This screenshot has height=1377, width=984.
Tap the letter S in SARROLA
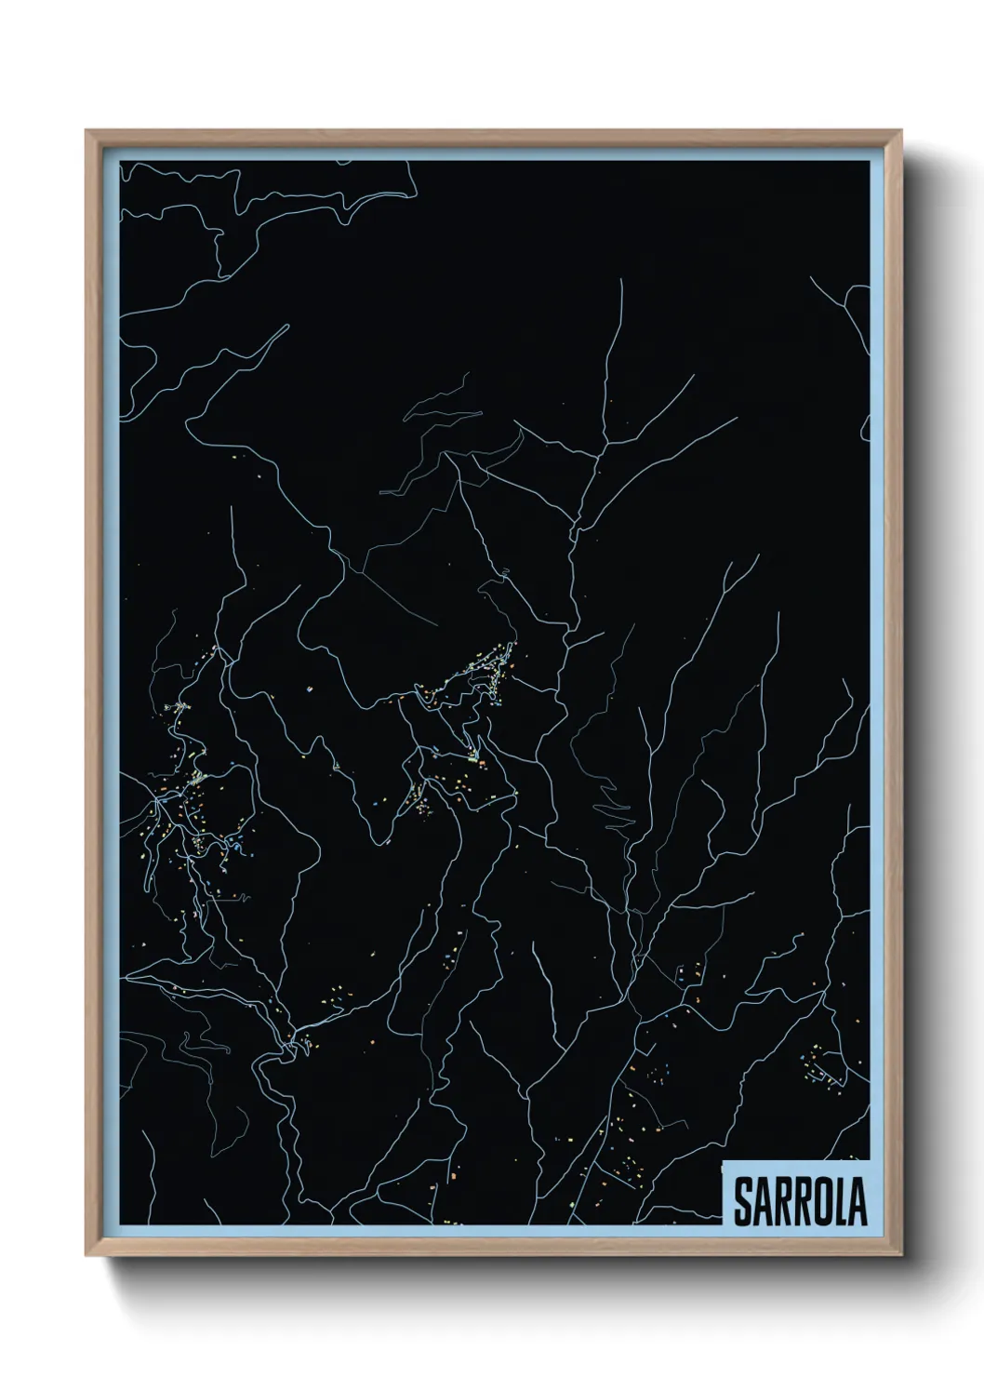(742, 1202)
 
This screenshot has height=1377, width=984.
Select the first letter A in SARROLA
(762, 1202)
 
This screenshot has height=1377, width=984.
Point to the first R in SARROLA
(781, 1202)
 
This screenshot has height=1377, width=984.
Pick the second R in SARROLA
(801, 1202)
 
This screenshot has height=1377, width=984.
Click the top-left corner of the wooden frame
(86, 131)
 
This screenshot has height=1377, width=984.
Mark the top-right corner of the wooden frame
(903, 131)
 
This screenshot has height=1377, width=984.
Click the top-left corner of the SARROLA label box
(724, 1161)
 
